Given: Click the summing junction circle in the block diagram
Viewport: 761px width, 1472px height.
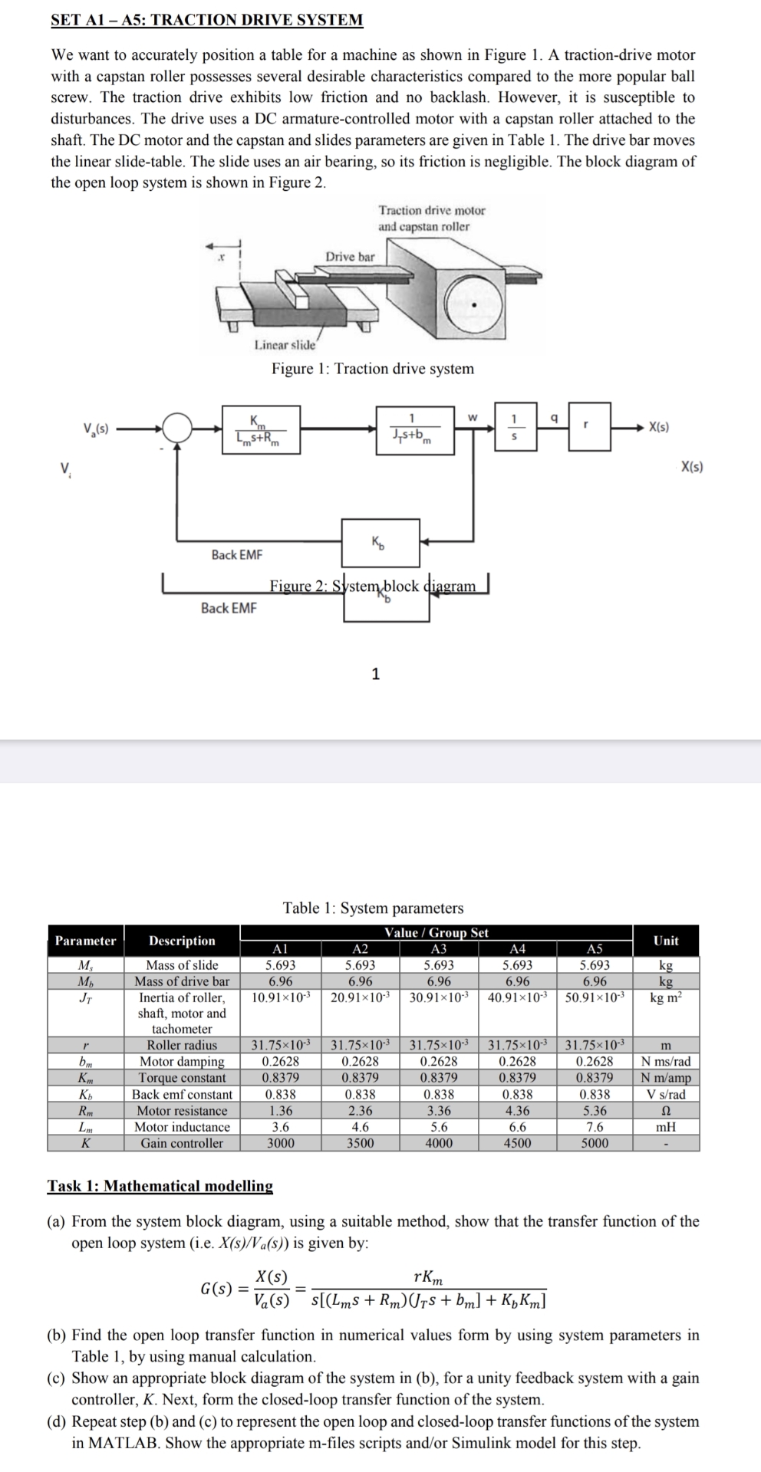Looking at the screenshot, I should point(179,428).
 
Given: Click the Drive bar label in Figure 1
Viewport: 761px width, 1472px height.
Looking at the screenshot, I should point(350,257).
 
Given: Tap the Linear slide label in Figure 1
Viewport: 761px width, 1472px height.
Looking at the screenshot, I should point(285,345).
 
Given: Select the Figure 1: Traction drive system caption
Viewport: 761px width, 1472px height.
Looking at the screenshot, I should point(373,369).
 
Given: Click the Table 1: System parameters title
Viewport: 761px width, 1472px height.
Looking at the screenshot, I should point(373,909).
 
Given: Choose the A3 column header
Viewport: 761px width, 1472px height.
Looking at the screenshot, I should point(439,949).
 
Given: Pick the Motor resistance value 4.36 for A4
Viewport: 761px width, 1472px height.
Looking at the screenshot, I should point(517,1111).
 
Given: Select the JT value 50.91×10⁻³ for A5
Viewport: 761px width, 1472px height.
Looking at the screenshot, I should point(595,997).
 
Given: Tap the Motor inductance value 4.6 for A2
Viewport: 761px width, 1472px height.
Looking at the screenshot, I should point(360,1127).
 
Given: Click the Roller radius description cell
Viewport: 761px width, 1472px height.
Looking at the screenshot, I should point(182,1045).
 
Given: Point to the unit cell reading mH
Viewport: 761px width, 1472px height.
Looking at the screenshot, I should point(666,1127).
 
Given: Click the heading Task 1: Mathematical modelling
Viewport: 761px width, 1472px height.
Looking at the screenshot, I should point(160,1186).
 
